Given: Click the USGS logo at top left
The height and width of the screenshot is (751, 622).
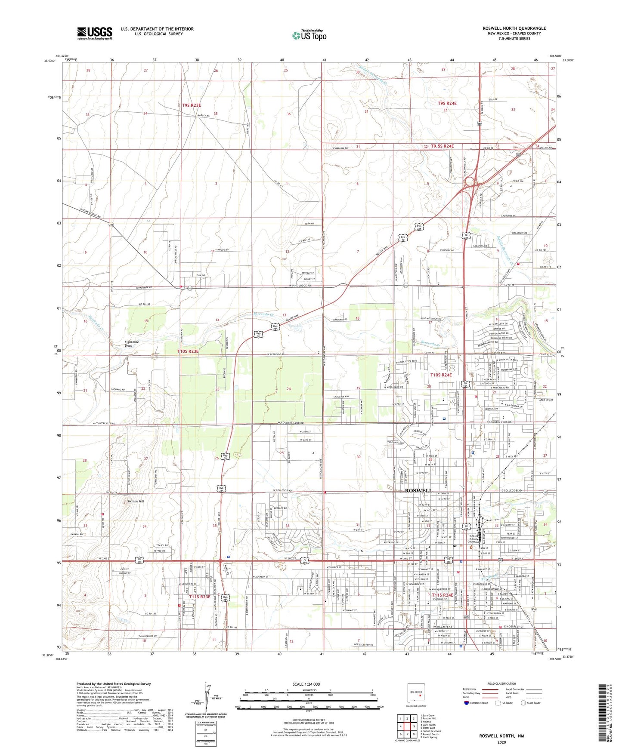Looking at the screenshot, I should pos(95,33).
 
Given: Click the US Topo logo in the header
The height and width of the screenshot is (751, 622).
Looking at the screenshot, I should pos(309,35).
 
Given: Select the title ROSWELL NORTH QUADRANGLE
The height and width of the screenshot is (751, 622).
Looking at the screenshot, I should pos(514,28).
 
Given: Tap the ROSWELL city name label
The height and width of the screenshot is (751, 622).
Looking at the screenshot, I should pos(418,490).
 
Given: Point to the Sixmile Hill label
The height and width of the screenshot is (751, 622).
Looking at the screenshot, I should pos(136,501).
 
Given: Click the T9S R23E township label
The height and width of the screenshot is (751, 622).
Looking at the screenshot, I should pos(191,105).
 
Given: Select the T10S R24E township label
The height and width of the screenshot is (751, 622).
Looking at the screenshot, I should pos(441,375).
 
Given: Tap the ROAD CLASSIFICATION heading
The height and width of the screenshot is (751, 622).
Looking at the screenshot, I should pos(502,683).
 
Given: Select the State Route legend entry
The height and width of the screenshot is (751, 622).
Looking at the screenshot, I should pos(530,703).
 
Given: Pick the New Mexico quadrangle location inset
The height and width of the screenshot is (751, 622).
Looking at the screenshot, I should pos(416,694).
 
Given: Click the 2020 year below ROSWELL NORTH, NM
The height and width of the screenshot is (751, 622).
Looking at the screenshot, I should pos(501,742).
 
